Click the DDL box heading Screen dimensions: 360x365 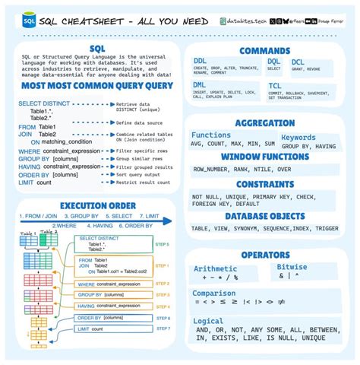tap(201, 61)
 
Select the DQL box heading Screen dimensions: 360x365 tap(274, 61)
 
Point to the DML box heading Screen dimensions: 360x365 tap(201, 85)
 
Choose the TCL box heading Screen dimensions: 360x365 tap(275, 85)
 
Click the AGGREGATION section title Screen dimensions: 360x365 tap(265, 123)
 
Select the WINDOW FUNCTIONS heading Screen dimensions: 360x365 tap(265, 156)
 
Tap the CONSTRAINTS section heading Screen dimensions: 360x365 tap(265, 183)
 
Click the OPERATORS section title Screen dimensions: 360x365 tap(265, 255)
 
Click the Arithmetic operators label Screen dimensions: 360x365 tap(221, 268)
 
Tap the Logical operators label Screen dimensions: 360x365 tap(209, 320)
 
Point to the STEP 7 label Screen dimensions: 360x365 tap(163, 328)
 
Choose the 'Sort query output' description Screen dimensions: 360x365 tap(143, 173)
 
